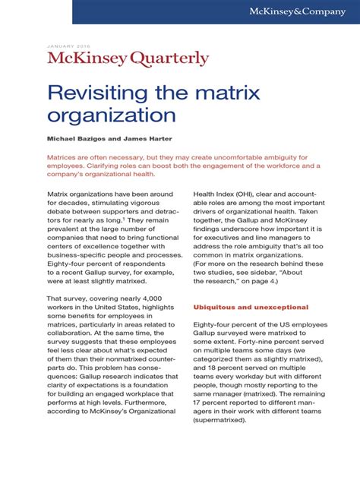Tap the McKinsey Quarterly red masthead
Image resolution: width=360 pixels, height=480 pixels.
[128, 58]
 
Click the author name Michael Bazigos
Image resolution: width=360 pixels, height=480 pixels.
[77, 141]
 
